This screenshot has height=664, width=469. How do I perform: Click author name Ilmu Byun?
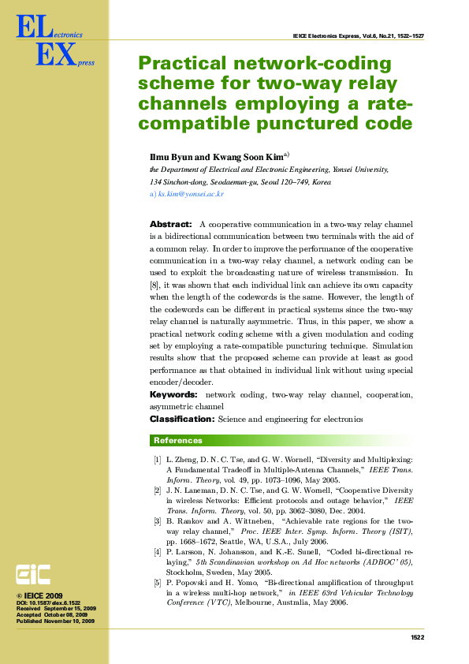(x=169, y=157)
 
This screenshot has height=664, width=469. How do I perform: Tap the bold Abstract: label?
(x=170, y=225)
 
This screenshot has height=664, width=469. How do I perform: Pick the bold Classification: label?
(x=182, y=419)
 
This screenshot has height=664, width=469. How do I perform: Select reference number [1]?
(x=158, y=459)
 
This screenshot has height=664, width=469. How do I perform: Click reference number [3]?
(x=158, y=521)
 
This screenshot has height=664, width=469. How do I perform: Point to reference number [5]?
(x=158, y=582)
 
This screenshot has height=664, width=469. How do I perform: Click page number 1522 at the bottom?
(x=418, y=637)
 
